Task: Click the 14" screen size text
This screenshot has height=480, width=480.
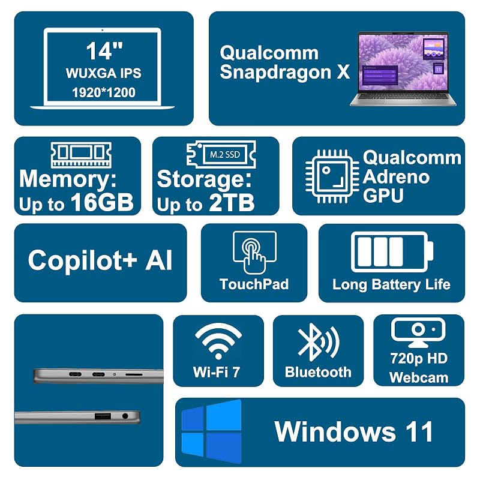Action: tap(104, 51)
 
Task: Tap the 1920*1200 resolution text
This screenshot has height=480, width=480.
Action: tap(104, 92)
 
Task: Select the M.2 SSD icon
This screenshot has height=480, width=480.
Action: tap(221, 154)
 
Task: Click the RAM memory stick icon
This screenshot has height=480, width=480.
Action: tap(81, 155)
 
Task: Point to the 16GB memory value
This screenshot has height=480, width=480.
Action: tap(102, 202)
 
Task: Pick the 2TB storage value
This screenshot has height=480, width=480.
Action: tap(232, 202)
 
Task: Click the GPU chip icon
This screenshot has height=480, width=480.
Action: tap(332, 176)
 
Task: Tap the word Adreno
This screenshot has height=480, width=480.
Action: tap(396, 177)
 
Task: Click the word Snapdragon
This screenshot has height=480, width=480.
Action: tap(275, 72)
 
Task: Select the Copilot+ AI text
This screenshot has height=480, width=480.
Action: tap(100, 260)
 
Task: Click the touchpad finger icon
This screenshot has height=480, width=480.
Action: tap(254, 253)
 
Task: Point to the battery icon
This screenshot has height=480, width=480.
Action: tap(392, 252)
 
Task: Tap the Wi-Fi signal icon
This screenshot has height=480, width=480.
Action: tap(218, 341)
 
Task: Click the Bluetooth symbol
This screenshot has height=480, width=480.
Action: tap(319, 342)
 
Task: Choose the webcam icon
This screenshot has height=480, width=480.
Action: tap(418, 332)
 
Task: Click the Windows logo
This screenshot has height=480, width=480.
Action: tap(212, 431)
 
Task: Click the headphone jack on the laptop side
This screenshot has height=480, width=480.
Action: tap(125, 416)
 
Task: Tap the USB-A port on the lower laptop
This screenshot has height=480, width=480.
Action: tap(103, 416)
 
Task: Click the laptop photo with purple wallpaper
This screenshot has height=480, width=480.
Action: tap(403, 68)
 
